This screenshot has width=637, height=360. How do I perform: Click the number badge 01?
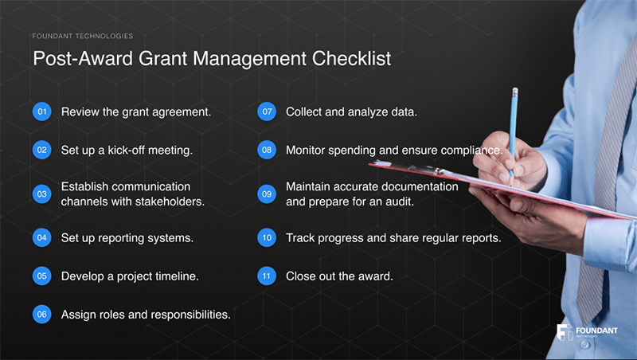pos(41,112)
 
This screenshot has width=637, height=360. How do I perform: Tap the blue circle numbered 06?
pos(41,315)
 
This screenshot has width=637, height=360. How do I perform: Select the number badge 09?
pos(267,194)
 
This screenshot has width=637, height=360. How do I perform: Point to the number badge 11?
pos(267,277)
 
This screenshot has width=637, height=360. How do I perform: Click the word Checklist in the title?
pos(354,60)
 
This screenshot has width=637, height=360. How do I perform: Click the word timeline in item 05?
pos(173,277)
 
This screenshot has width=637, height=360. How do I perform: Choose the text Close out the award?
pos(339,277)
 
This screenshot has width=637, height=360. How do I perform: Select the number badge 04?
pos(41,238)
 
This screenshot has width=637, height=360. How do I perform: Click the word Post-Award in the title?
pos(76,60)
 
